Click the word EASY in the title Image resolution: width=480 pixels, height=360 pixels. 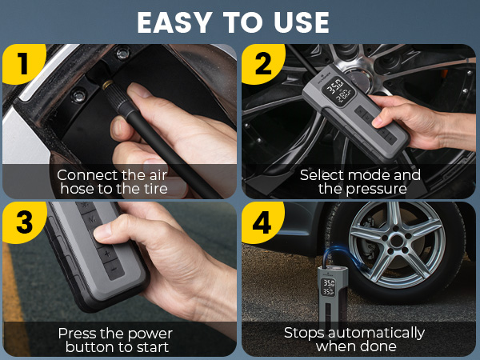point(173,22)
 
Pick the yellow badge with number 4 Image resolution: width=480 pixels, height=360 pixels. point(263,222)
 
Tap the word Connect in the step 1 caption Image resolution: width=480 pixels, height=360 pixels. point(84,175)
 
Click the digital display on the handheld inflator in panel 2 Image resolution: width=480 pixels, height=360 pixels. point(339,90)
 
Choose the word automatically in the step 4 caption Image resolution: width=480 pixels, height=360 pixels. point(380,333)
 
